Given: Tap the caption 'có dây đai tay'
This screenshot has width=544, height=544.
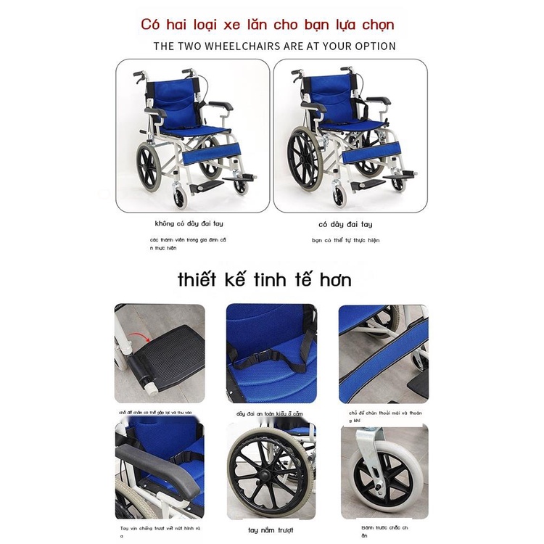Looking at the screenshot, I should point(345,224).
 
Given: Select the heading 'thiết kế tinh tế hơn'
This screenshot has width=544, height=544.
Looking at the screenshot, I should point(265,280).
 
